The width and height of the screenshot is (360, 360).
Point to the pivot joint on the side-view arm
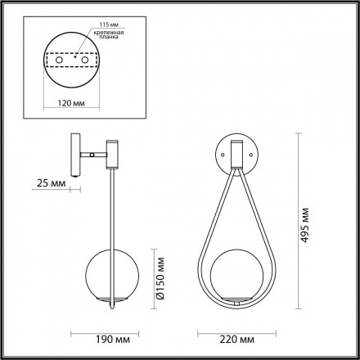(95, 153)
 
